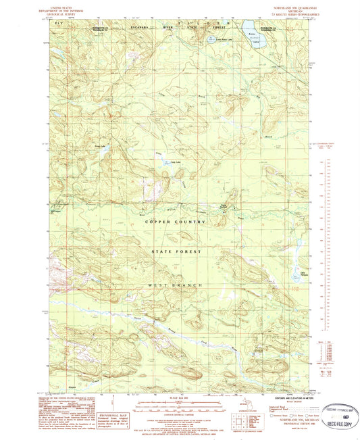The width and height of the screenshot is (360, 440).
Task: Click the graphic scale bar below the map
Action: click(177, 404)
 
